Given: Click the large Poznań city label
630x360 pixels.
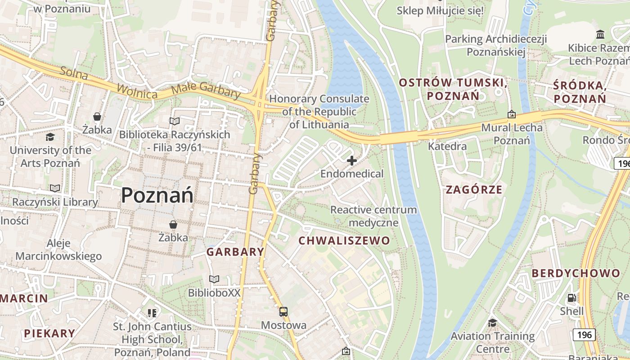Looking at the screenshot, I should click(157, 195).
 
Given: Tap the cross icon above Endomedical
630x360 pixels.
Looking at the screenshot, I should click(352, 161).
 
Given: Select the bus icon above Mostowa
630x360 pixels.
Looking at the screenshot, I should click(283, 311).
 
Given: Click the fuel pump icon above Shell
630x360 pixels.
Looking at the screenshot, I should click(571, 297).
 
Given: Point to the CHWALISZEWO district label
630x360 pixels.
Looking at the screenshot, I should click(344, 240).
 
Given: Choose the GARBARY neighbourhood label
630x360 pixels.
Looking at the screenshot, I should click(235, 252).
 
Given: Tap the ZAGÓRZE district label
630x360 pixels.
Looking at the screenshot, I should click(474, 189).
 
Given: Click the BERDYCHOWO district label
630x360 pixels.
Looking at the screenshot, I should click(576, 273).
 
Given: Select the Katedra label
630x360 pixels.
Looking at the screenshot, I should click(447, 146).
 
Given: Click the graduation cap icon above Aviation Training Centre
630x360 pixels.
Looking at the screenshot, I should click(492, 323).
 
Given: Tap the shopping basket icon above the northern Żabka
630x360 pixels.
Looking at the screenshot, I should click(97, 117).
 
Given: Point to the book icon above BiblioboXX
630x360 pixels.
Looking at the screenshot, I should click(214, 279).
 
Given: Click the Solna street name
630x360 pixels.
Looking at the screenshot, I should click(74, 73).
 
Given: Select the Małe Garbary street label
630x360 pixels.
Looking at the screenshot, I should click(206, 90).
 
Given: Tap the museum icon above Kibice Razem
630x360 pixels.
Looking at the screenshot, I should click(600, 35).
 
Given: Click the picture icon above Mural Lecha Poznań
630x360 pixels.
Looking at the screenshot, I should click(511, 115).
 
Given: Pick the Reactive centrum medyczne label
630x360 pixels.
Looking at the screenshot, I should click(373, 216).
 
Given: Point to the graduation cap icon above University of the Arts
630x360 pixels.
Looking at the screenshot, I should click(50, 137).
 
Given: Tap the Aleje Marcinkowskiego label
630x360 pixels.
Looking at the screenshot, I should click(58, 250).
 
